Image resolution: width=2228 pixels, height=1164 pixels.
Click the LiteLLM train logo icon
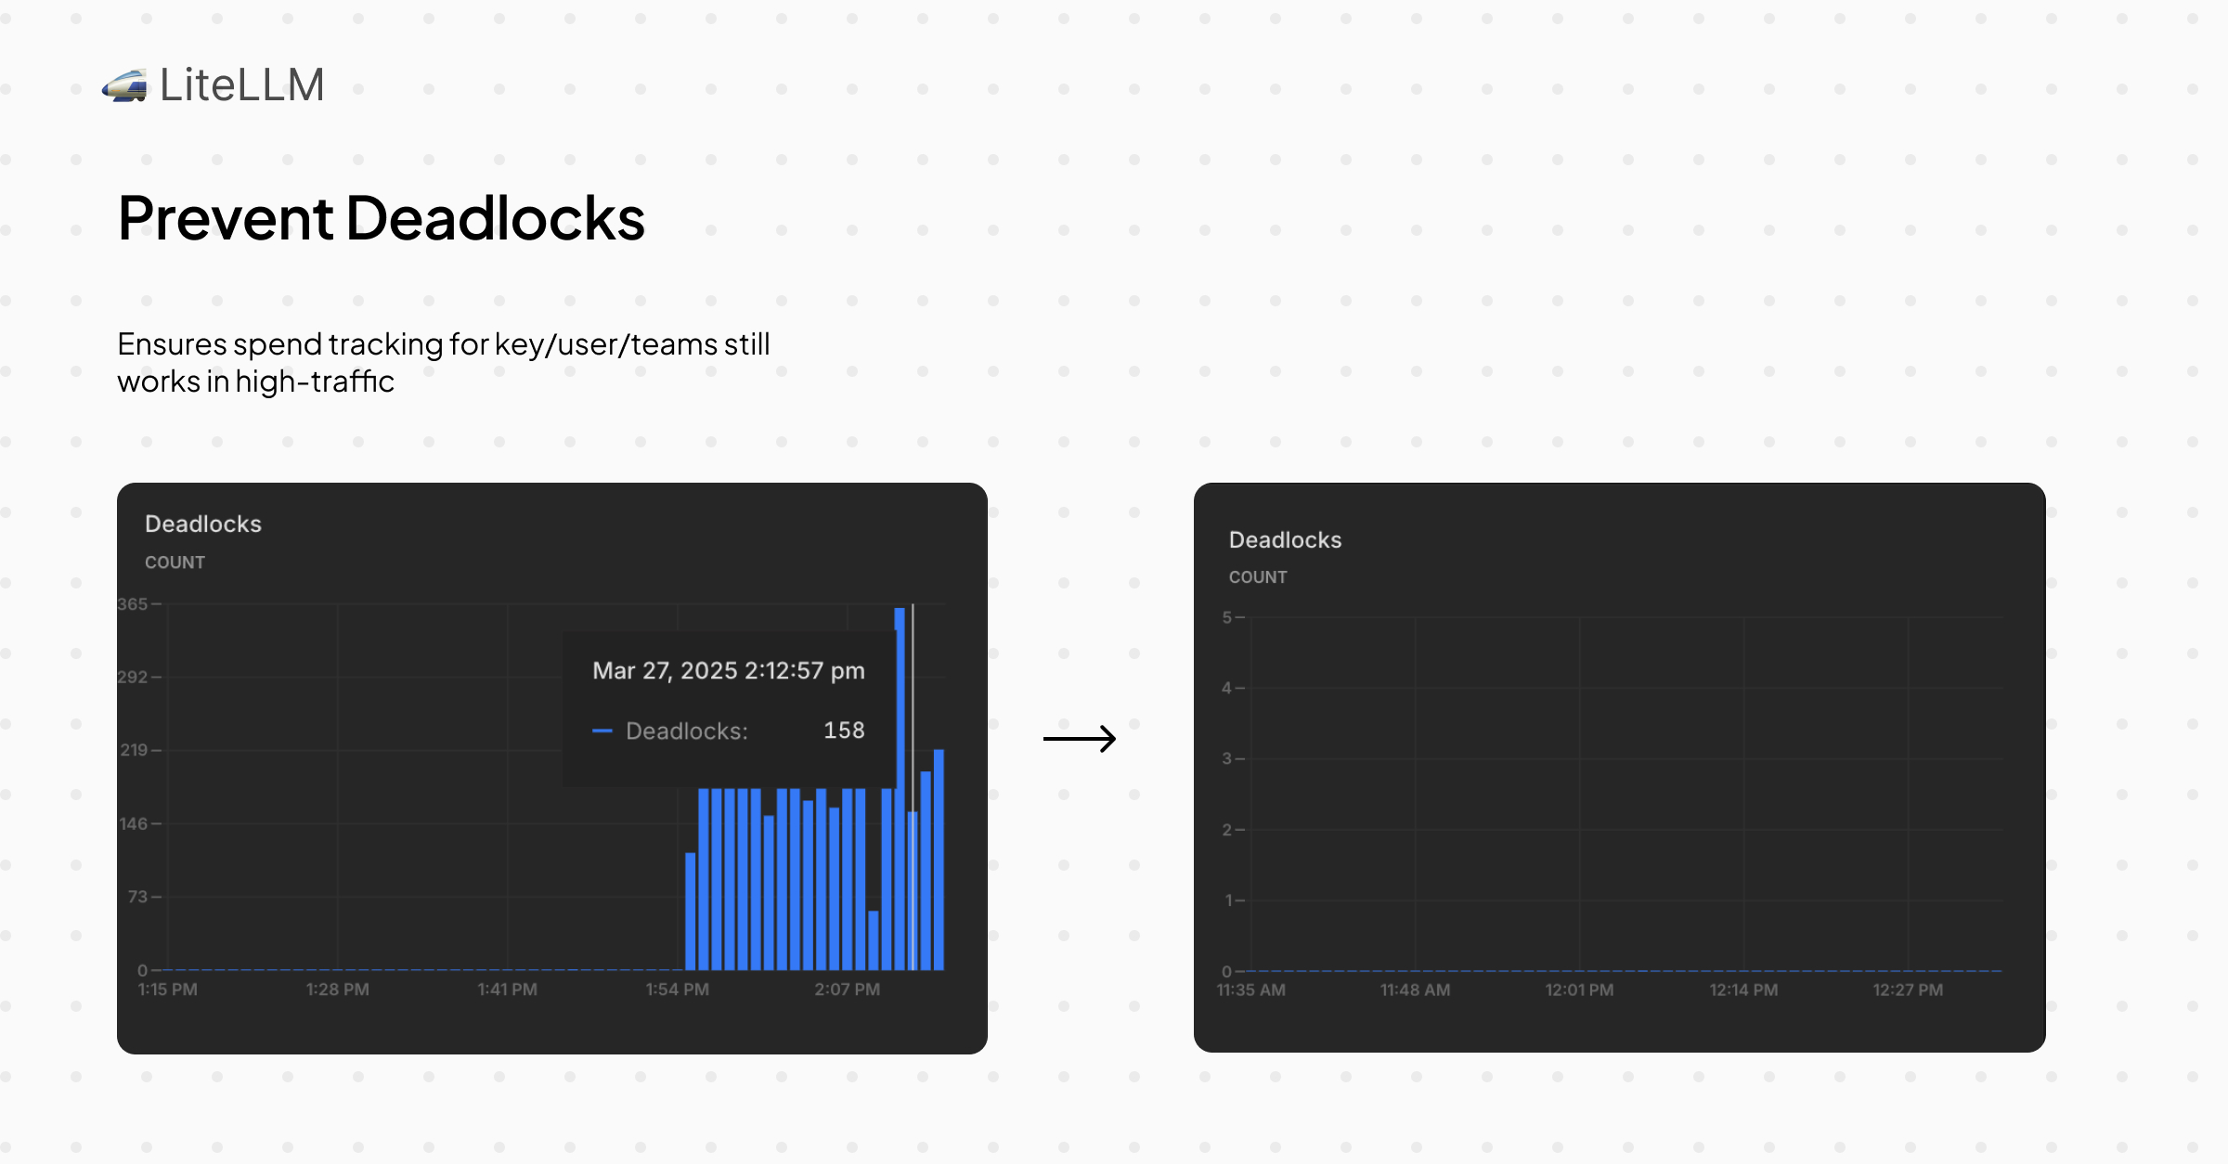point(124,85)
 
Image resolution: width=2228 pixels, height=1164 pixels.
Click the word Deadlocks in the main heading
point(496,219)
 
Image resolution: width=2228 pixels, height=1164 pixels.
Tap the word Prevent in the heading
point(226,219)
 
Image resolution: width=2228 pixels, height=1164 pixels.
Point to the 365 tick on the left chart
point(132,604)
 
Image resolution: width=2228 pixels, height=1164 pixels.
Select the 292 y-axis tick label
point(132,678)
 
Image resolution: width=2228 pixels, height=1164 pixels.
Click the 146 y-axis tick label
point(134,824)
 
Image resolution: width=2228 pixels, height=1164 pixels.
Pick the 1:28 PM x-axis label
point(338,989)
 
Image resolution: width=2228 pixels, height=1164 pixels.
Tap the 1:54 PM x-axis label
point(678,989)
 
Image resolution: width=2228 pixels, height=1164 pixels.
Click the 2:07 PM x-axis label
point(848,989)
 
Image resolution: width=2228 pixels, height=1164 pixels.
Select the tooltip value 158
point(844,731)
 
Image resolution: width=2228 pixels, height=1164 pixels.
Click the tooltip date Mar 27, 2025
point(665,671)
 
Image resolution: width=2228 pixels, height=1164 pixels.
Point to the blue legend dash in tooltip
point(602,731)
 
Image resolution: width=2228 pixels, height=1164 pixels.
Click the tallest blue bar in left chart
point(900,789)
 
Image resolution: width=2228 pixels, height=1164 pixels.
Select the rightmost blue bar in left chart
point(939,860)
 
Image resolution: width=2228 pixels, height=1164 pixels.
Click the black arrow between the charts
point(1080,739)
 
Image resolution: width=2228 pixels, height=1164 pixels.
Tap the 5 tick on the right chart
point(1227,617)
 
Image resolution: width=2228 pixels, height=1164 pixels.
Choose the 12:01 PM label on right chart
point(1579,990)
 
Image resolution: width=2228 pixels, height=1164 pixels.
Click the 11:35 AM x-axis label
point(1251,990)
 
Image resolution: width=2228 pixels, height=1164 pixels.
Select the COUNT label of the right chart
point(1258,577)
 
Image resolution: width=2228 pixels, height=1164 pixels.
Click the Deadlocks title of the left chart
point(203,524)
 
